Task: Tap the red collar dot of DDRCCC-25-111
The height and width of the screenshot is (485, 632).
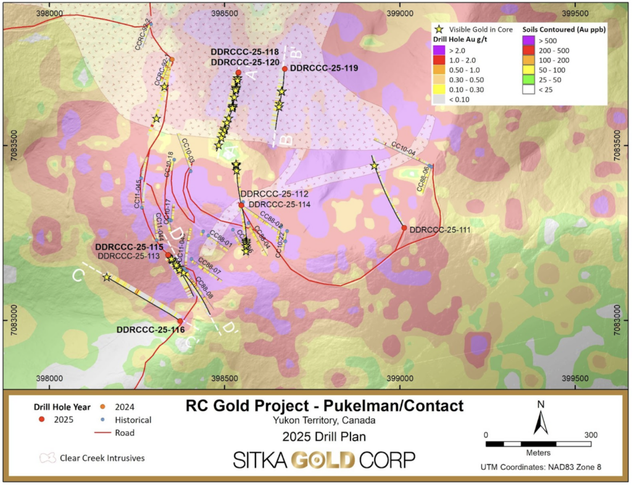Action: tap(404, 228)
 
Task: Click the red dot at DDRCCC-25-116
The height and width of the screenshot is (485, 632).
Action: tap(180, 321)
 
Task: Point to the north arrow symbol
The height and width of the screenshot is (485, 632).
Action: tap(541, 423)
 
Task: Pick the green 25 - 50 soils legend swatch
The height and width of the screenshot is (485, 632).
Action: tap(529, 80)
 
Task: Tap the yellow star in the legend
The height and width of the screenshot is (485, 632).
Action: tap(439, 29)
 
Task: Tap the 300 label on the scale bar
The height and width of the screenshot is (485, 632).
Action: tap(591, 434)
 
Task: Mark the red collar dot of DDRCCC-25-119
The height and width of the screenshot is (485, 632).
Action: tap(285, 69)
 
